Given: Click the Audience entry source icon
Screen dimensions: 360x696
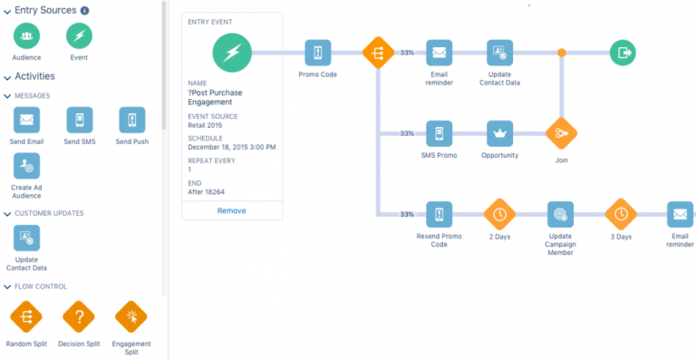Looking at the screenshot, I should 26,36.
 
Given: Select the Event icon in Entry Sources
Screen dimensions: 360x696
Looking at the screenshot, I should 79,36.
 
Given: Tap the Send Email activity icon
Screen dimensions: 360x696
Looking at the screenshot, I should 26,120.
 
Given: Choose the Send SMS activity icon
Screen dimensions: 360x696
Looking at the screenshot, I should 79,120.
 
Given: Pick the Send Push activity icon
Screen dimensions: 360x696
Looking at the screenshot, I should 132,120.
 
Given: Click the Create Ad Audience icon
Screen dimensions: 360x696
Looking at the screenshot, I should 26,166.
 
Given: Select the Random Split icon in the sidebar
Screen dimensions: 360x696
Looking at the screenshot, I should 26,317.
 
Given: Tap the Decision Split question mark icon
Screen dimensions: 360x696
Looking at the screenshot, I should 79,317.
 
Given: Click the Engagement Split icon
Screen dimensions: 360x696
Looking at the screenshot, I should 132,317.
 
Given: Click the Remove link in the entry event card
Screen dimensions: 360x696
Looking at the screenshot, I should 231,210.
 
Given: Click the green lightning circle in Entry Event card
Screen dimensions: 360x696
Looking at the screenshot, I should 231,54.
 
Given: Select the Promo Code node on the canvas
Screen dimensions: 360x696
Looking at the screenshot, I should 316,53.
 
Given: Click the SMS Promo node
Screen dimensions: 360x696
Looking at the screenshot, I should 440,133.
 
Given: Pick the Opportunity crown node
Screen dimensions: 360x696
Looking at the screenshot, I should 499,133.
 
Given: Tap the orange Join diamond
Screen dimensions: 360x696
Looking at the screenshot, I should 561,133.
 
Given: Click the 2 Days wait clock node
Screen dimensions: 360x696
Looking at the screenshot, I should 499,214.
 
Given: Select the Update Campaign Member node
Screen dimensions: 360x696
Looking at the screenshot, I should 560,214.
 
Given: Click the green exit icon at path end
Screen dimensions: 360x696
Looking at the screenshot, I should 623,53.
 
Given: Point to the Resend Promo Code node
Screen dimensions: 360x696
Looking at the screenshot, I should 440,214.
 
